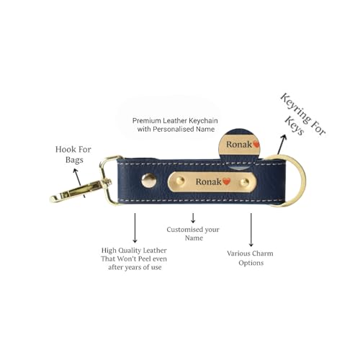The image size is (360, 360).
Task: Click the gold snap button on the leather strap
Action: [x=149, y=181]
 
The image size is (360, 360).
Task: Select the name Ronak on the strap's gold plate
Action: [x=208, y=181]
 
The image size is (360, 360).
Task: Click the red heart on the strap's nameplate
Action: [x=226, y=181]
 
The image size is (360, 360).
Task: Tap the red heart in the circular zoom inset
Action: [x=257, y=144]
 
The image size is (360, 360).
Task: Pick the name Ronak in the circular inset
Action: [x=239, y=145]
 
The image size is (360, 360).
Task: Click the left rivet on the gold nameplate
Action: [x=180, y=181]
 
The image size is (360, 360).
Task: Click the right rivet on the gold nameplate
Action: [x=245, y=182]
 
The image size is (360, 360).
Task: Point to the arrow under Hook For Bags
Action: [x=79, y=183]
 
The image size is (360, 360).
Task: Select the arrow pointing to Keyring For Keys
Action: [x=282, y=144]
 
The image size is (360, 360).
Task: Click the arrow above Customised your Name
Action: [x=193, y=217]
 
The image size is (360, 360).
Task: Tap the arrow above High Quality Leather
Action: [x=135, y=228]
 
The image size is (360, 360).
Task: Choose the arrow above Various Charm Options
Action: [x=251, y=230]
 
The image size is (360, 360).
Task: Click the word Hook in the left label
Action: [x=64, y=149]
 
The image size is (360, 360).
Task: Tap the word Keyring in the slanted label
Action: [x=295, y=109]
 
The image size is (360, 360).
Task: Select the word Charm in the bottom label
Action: [x=263, y=253]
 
